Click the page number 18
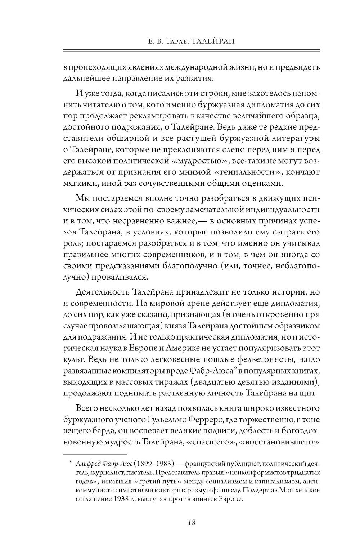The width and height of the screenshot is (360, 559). click(191, 522)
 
